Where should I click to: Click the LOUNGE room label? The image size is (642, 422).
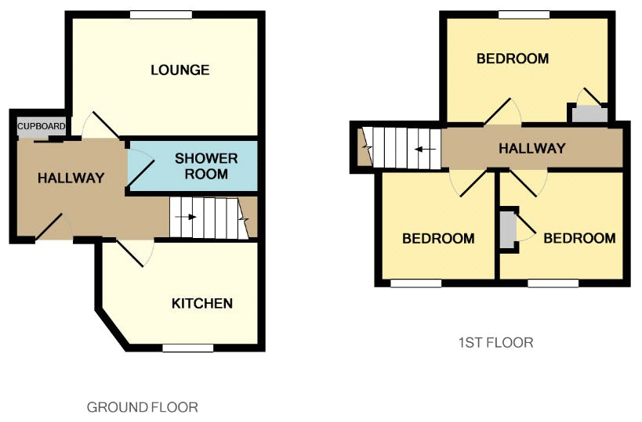(x=180, y=70)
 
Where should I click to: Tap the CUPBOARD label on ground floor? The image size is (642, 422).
(x=41, y=126)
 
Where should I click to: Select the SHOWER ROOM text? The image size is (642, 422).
(x=206, y=166)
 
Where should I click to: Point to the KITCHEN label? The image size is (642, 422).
(x=202, y=304)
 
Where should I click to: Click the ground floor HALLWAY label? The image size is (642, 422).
(x=71, y=178)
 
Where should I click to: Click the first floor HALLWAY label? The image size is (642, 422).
(x=531, y=148)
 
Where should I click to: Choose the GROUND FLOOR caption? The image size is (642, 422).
(x=143, y=407)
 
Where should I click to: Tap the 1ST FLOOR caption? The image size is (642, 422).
(x=496, y=342)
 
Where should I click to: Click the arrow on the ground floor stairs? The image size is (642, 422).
(x=186, y=217)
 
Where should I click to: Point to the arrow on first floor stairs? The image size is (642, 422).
(x=425, y=150)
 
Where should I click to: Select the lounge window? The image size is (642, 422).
(x=161, y=15)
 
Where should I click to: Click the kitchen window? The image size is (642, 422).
(x=188, y=348)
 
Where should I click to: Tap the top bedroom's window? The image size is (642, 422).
(x=524, y=15)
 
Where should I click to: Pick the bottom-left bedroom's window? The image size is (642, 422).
(x=416, y=283)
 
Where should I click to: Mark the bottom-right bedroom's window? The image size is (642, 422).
(x=553, y=283)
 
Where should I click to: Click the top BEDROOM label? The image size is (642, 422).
(x=513, y=59)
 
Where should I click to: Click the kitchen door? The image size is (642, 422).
(x=131, y=254)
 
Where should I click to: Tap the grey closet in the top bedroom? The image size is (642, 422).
(x=589, y=114)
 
